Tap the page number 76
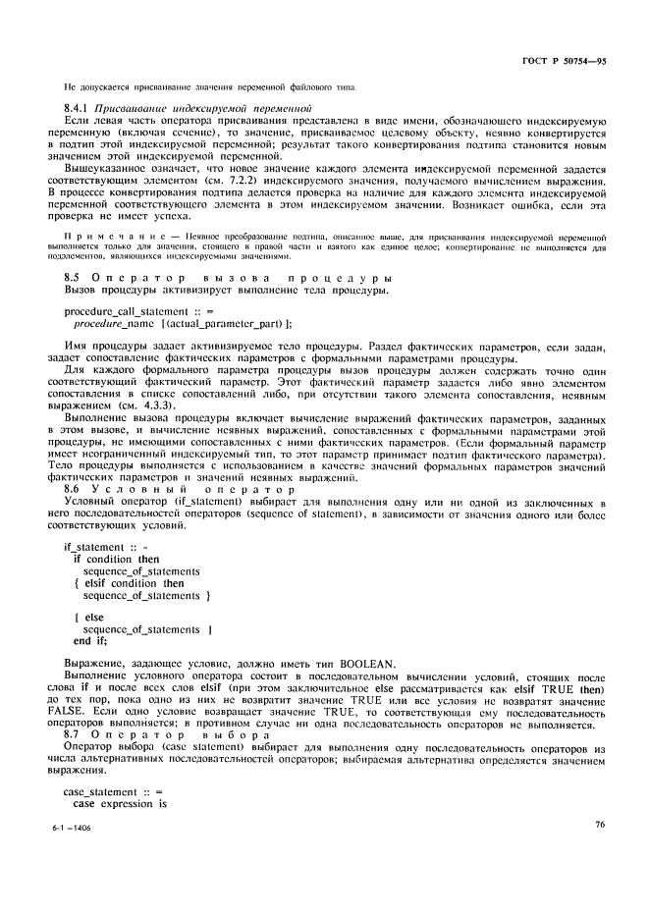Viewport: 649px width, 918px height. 599,853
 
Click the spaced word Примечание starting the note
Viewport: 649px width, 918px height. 101,237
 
